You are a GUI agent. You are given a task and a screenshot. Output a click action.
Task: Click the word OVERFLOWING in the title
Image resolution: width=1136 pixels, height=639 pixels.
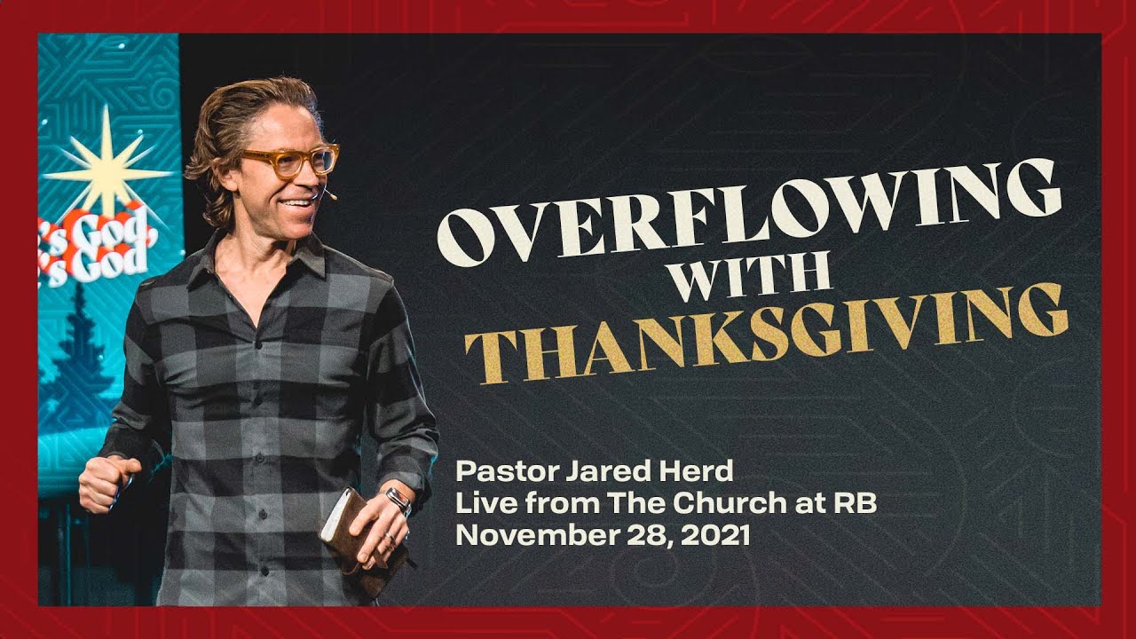point(750,213)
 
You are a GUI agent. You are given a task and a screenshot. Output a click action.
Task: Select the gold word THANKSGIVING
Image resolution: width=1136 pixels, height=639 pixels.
point(767,332)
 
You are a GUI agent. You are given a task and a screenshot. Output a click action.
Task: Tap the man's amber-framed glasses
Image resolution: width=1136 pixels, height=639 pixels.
point(290,161)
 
